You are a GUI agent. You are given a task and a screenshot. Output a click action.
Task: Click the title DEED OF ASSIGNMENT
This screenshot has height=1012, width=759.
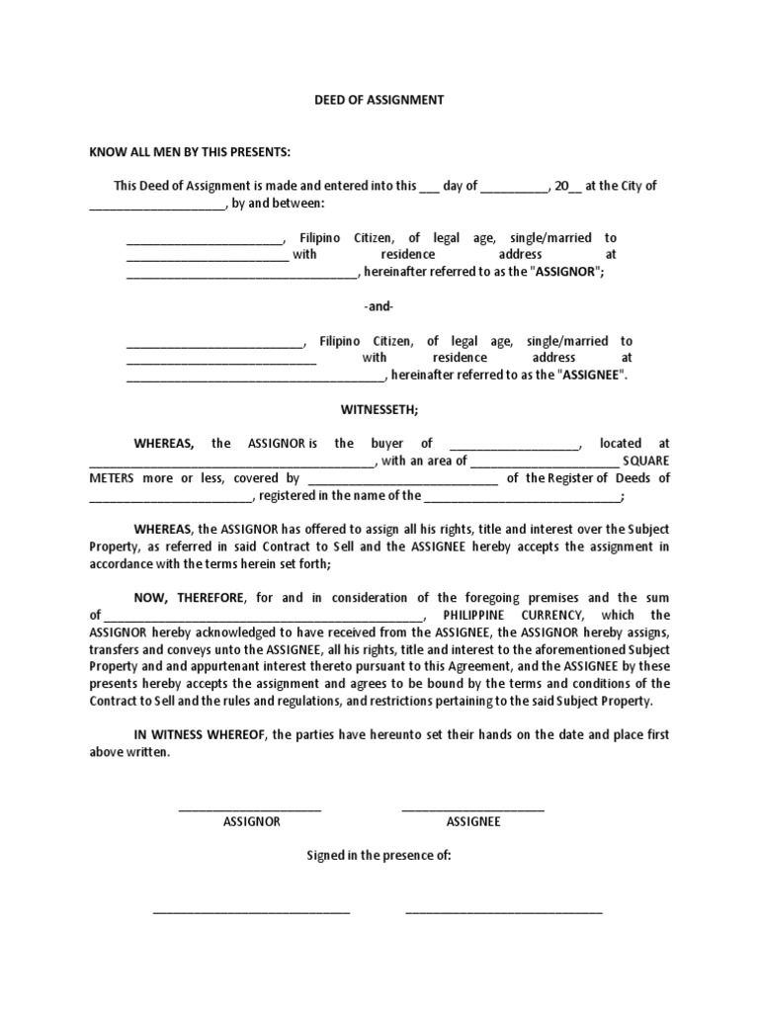pyautogui.click(x=379, y=100)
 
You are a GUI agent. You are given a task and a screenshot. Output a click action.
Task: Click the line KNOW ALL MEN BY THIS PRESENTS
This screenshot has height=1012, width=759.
pyautogui.click(x=191, y=151)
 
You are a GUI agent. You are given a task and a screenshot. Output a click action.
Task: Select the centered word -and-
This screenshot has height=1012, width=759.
pyautogui.click(x=379, y=306)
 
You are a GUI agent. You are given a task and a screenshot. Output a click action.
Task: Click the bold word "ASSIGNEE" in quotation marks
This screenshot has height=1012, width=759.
pyautogui.click(x=592, y=376)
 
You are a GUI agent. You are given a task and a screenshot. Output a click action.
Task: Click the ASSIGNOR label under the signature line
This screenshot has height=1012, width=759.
pyautogui.click(x=251, y=821)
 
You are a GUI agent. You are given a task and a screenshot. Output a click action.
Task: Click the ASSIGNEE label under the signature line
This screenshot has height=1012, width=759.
pyautogui.click(x=472, y=821)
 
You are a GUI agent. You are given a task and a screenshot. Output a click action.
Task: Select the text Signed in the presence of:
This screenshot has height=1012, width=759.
pyautogui.click(x=379, y=856)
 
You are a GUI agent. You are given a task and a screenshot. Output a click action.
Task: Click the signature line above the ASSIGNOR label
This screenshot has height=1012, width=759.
pyautogui.click(x=250, y=810)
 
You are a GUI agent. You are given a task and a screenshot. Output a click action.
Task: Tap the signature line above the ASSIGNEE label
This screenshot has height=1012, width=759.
pyautogui.click(x=472, y=810)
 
